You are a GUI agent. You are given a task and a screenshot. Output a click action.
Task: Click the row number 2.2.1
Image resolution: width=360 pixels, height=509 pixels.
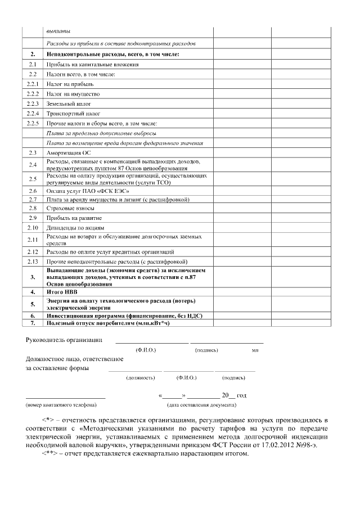pos(33,84)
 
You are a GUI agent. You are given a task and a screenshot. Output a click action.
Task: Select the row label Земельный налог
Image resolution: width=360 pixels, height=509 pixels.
pos(69,103)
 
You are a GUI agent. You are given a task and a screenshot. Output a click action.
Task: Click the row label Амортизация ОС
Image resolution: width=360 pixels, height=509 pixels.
pos(68,152)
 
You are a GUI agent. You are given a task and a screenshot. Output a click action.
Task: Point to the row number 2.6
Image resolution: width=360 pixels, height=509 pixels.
pos(33,191)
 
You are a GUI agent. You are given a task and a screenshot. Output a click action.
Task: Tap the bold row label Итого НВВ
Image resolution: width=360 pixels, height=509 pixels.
pos(62,292)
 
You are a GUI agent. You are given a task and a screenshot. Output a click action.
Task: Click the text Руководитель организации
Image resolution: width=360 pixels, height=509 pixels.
pos(64,340)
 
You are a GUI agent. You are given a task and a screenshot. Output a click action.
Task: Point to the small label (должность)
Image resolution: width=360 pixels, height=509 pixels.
pos(136,377)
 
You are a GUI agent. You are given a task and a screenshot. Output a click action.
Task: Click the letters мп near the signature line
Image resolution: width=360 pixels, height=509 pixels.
pos(255,350)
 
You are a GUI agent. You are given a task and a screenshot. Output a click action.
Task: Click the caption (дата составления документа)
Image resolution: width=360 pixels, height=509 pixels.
pos(201,404)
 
